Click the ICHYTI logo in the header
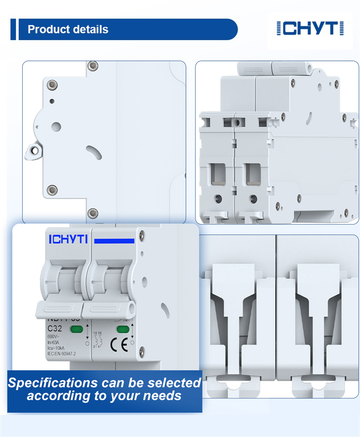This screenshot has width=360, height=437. point(310,28)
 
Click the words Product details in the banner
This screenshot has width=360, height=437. point(68,30)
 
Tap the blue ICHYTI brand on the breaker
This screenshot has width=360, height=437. point(68,239)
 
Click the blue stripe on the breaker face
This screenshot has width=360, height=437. point(114,241)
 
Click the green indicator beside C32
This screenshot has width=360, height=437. point(76,329)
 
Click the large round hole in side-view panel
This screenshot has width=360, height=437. point(56,127)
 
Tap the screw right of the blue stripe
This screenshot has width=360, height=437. point(142,234)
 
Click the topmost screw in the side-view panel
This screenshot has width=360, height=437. point(93,66)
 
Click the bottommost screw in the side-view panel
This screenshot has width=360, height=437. point(93,212)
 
